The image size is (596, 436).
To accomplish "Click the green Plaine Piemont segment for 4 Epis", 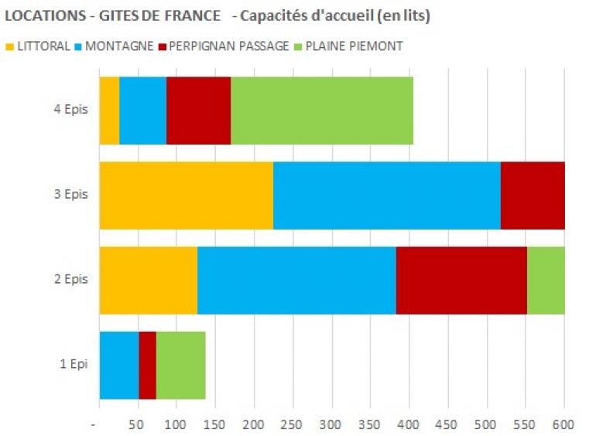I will pyautogui.click(x=322, y=111).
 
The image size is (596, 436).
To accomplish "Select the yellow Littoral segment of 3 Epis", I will pyautogui.click(x=186, y=196).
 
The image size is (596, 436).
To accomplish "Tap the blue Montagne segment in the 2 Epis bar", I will pyautogui.click(x=296, y=280).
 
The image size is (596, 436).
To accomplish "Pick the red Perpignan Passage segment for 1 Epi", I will pyautogui.click(x=147, y=365).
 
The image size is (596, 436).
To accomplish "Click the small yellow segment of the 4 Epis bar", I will pyautogui.click(x=109, y=111).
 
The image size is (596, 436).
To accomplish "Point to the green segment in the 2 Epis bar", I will pyautogui.click(x=546, y=280).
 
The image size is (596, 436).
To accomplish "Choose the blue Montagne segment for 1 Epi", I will pyautogui.click(x=119, y=365).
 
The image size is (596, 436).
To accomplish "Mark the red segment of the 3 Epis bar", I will pyautogui.click(x=533, y=196).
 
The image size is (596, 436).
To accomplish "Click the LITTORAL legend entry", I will pyautogui.click(x=43, y=46).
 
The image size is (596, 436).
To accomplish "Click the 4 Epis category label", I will pyautogui.click(x=71, y=110).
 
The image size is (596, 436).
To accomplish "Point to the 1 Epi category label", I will pyautogui.click(x=74, y=364).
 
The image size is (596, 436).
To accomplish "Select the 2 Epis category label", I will pyautogui.click(x=71, y=279).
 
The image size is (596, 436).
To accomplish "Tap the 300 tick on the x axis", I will pyautogui.click(x=332, y=424).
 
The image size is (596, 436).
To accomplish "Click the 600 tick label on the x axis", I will pyautogui.click(x=563, y=424).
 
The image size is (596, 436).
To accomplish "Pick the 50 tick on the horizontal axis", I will pyautogui.click(x=137, y=424).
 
